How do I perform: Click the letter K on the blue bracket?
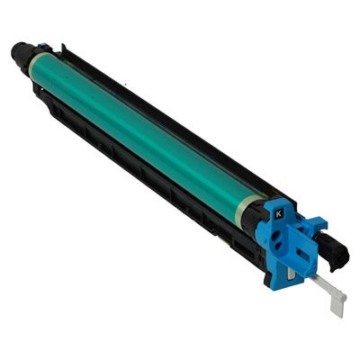[279, 214]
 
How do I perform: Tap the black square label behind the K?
[279, 214]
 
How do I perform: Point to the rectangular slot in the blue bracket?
[303, 255]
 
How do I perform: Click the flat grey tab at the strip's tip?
[337, 302]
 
